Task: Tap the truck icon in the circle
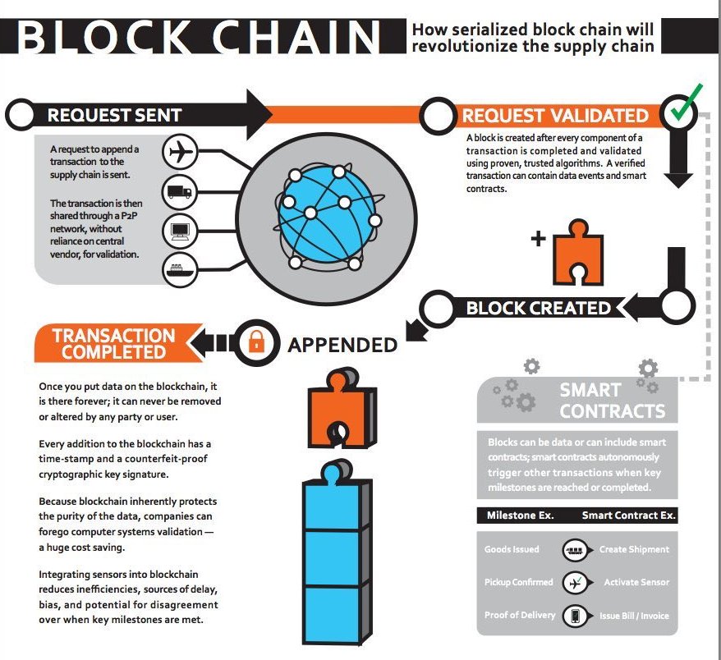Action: pos(179,192)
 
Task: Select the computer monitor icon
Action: pos(179,231)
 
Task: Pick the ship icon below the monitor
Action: pos(179,268)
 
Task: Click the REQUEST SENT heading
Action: pos(114,115)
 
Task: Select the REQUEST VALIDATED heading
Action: pos(554,116)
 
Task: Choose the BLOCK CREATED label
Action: pos(538,309)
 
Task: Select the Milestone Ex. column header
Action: pos(520,516)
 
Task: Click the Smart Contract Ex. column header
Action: pos(628,516)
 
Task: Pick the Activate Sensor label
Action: pos(636,582)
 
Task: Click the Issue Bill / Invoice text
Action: pos(635,615)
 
